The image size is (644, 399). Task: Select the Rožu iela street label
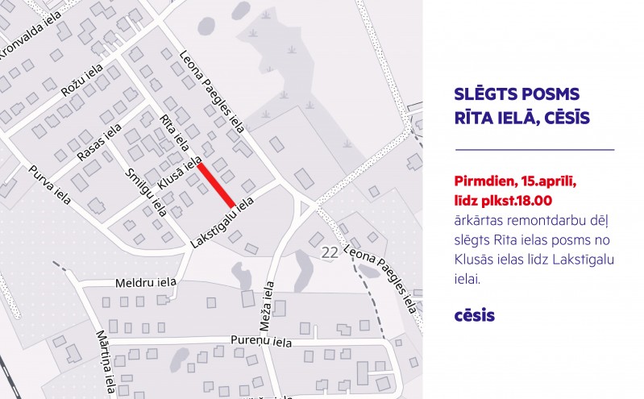tap(84, 83)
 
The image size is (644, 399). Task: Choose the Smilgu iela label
tap(146, 193)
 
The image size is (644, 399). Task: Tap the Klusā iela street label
tap(180, 173)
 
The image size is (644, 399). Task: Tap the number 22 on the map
tap(330, 252)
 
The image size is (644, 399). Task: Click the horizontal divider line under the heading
tap(534, 149)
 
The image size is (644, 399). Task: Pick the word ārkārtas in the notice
tap(480, 219)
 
